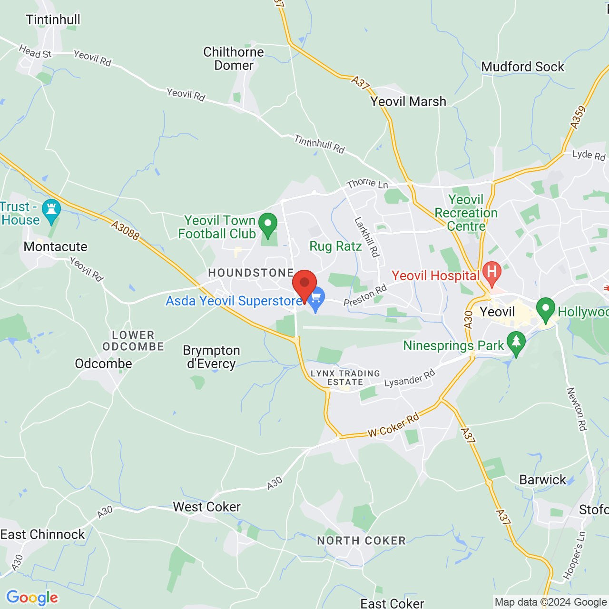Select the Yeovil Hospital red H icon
pos(492,272)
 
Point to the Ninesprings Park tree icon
pos(516,342)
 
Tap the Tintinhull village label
pos(53,20)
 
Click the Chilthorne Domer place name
pos(234,59)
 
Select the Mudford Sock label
pos(522,67)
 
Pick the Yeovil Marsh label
pos(408,101)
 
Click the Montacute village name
pos(56,246)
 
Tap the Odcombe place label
pos(103,363)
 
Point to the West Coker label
pos(206,507)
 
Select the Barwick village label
pos(543,480)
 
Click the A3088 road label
pos(126,230)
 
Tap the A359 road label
pos(578,118)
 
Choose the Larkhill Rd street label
pos(367,237)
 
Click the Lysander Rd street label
pos(409,379)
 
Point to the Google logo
pos(32,598)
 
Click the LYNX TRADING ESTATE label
pos(345,378)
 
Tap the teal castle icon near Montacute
pos(51,210)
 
